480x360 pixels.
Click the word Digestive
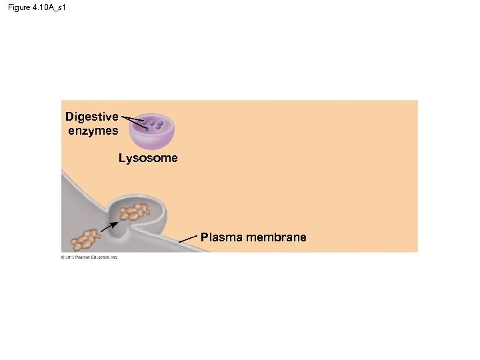[92, 117]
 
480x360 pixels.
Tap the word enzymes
[93, 131]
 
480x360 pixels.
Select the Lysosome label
[148, 159]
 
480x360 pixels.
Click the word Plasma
[222, 237]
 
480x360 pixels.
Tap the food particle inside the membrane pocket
[136, 212]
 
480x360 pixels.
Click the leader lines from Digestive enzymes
[132, 120]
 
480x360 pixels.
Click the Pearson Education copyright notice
[89, 257]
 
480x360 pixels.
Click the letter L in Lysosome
[122, 159]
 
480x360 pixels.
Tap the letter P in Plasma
[204, 237]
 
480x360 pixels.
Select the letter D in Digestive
[69, 117]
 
